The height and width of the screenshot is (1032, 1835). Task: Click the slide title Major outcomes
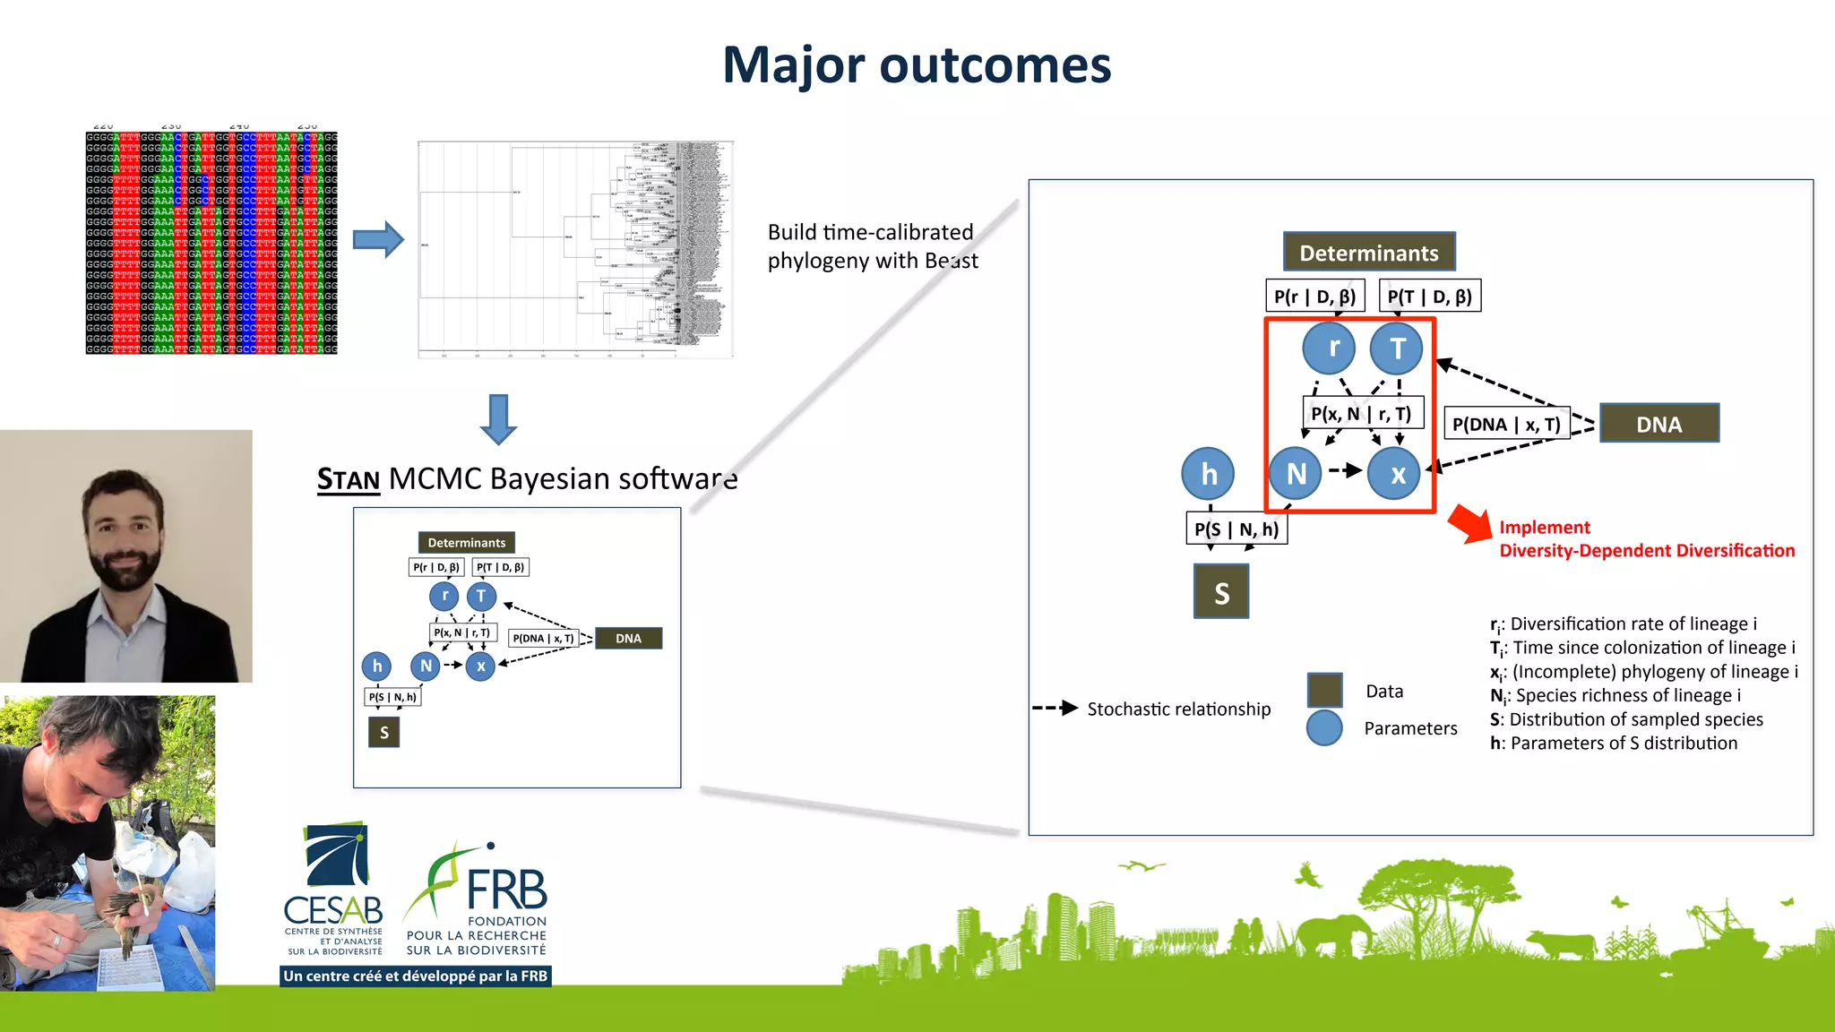pyautogui.click(x=917, y=65)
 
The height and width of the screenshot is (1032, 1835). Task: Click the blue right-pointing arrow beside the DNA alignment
pyautogui.click(x=378, y=239)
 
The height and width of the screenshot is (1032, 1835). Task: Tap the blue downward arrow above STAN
pyautogui.click(x=498, y=419)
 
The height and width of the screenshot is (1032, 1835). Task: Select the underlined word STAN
pyautogui.click(x=349, y=480)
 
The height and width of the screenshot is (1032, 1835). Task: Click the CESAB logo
pyautogui.click(x=334, y=887)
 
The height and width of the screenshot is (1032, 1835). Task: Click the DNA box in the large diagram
pyautogui.click(x=1658, y=424)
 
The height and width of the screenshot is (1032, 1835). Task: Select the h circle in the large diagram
pyautogui.click(x=1208, y=474)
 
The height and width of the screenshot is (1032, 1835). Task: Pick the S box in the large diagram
pyautogui.click(x=1221, y=592)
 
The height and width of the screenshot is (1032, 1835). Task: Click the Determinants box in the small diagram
pyautogui.click(x=466, y=543)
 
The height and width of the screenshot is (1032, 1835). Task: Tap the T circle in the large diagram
pyautogui.click(x=1397, y=348)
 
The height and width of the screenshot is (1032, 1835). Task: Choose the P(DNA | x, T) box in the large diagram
pyautogui.click(x=1506, y=424)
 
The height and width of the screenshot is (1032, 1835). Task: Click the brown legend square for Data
pyautogui.click(x=1324, y=690)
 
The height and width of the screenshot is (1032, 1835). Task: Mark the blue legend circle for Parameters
pyautogui.click(x=1324, y=728)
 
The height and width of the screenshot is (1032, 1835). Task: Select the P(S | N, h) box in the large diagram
pyautogui.click(x=1236, y=529)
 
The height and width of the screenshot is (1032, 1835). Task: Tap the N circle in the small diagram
pyautogui.click(x=426, y=666)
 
